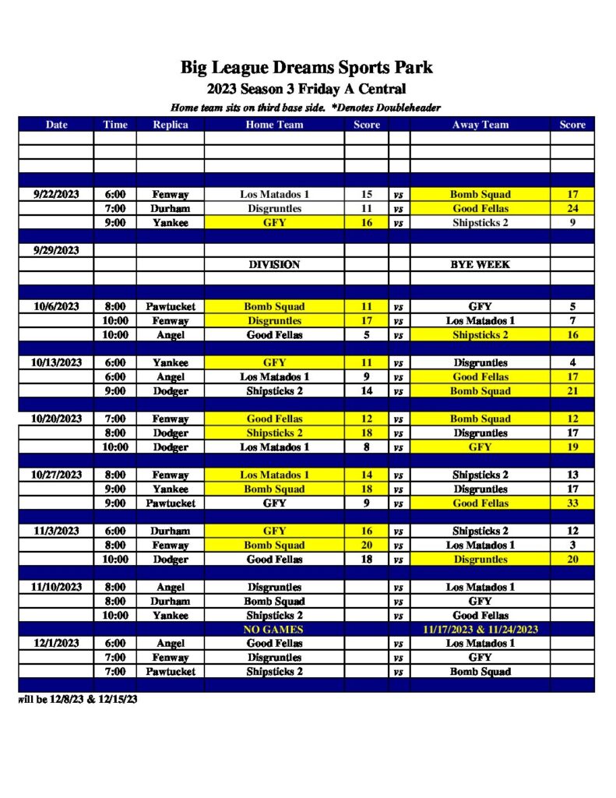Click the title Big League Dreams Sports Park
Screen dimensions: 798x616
coord(307,67)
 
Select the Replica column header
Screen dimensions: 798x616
coord(170,124)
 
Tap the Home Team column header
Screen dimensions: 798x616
coord(274,124)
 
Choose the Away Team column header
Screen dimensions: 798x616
coord(480,124)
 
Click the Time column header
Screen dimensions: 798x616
coord(114,124)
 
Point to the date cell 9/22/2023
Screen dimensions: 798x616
coord(56,194)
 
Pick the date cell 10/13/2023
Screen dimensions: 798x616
coord(56,362)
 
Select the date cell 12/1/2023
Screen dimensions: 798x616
coord(56,643)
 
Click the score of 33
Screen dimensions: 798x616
coord(572,503)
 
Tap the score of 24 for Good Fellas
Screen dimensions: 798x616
coord(572,209)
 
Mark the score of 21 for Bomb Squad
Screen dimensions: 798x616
coord(572,391)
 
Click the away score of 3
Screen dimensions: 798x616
coord(572,546)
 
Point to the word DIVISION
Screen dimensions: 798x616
coord(274,265)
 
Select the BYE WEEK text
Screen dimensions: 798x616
coord(480,265)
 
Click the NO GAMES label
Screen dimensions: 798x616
coord(274,629)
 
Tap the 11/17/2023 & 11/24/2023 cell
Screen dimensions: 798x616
coord(480,629)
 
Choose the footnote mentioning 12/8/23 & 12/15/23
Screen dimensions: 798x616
coord(78,699)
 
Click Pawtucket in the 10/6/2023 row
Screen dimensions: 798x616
coord(170,307)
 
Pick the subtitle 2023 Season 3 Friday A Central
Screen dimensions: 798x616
coord(307,89)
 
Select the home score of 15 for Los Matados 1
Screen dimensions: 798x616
coord(367,194)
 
